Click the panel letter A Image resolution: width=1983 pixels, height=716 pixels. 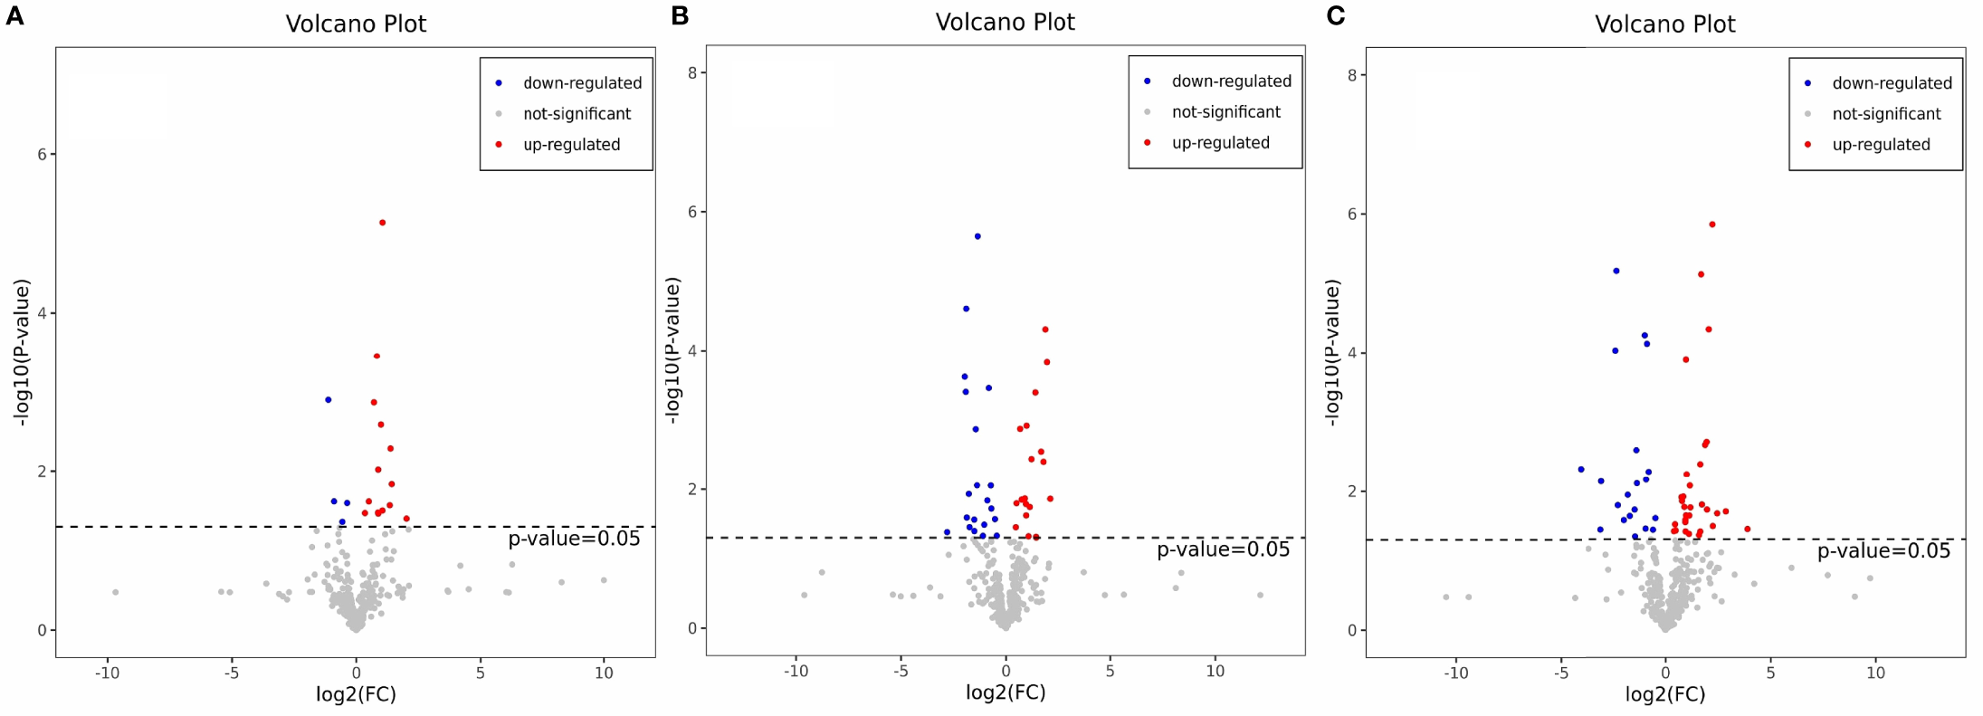click(x=14, y=15)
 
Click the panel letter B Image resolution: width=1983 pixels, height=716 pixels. click(x=680, y=15)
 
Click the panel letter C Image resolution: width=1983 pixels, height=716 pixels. click(x=1335, y=15)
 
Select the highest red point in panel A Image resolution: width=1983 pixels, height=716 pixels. click(x=382, y=223)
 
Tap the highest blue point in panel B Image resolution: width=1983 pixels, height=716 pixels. click(x=977, y=236)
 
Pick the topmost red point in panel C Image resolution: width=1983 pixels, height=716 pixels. click(x=1712, y=224)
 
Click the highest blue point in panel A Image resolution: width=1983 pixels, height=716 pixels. click(x=329, y=400)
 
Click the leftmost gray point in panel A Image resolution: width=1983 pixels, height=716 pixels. click(x=115, y=592)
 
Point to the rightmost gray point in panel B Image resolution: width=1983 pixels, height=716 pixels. click(x=1260, y=596)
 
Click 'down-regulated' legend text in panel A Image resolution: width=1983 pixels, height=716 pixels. click(x=582, y=83)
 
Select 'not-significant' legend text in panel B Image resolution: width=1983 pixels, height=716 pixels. click(x=1225, y=112)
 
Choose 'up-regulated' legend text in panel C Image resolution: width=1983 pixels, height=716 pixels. click(x=1881, y=145)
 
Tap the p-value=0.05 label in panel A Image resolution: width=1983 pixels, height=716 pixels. click(x=574, y=539)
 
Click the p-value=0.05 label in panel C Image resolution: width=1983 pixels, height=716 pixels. click(x=1883, y=551)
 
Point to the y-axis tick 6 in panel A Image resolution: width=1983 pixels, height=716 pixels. click(x=42, y=155)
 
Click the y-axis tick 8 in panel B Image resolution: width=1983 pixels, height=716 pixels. click(x=691, y=72)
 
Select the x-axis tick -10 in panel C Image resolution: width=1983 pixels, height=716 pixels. click(x=1455, y=673)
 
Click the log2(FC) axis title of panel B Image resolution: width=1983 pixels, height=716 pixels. click(x=1006, y=692)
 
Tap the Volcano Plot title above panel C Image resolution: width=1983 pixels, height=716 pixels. click(x=1664, y=24)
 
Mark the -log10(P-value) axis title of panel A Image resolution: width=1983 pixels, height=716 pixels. click(x=22, y=351)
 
